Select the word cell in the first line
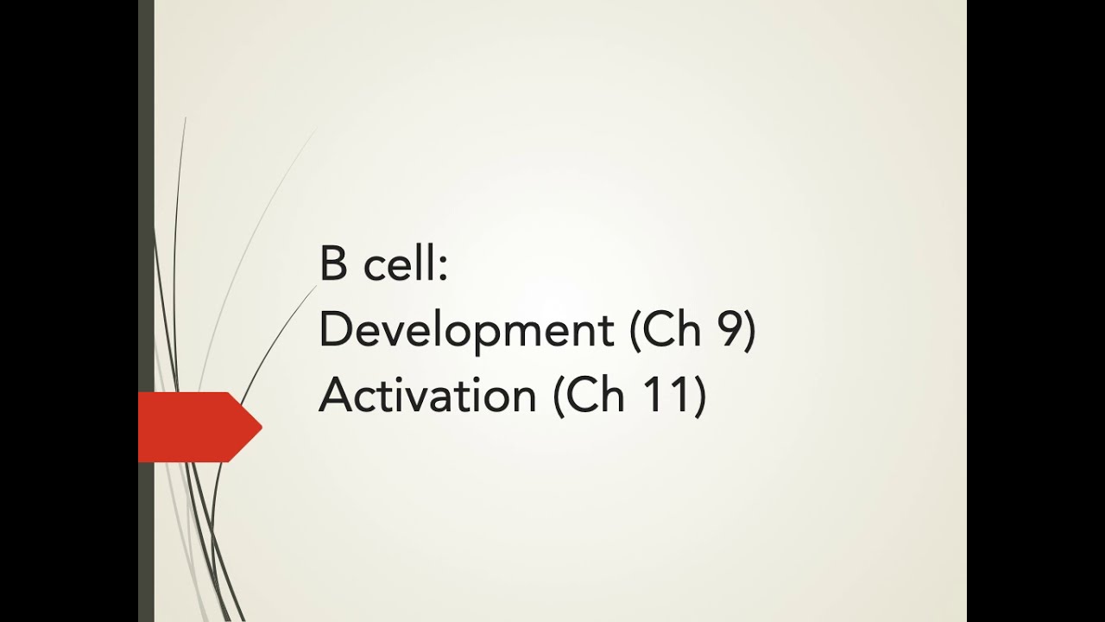click(x=399, y=264)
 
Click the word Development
click(x=462, y=332)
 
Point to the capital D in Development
click(x=333, y=330)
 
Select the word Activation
click(x=426, y=396)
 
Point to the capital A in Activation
click(x=335, y=396)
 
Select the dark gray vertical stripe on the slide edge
click(x=146, y=216)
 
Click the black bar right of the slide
click(x=1036, y=311)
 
